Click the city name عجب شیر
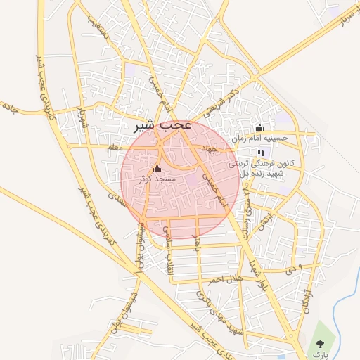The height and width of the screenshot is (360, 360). point(162,127)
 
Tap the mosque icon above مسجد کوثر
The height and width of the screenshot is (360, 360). point(156,169)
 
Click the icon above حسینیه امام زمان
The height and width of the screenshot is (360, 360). point(260,128)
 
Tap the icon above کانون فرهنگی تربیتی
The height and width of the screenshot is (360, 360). point(261,152)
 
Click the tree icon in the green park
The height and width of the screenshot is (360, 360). point(321,344)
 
